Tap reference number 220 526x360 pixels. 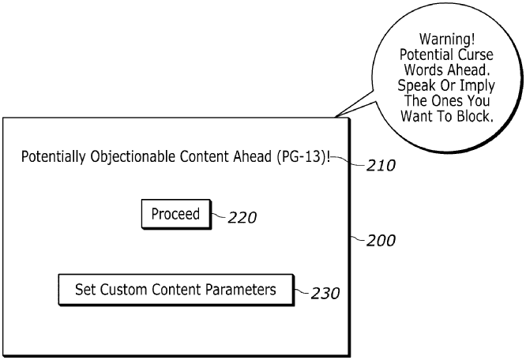click(242, 219)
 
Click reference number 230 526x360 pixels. click(325, 294)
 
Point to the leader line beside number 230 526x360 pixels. click(299, 291)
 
